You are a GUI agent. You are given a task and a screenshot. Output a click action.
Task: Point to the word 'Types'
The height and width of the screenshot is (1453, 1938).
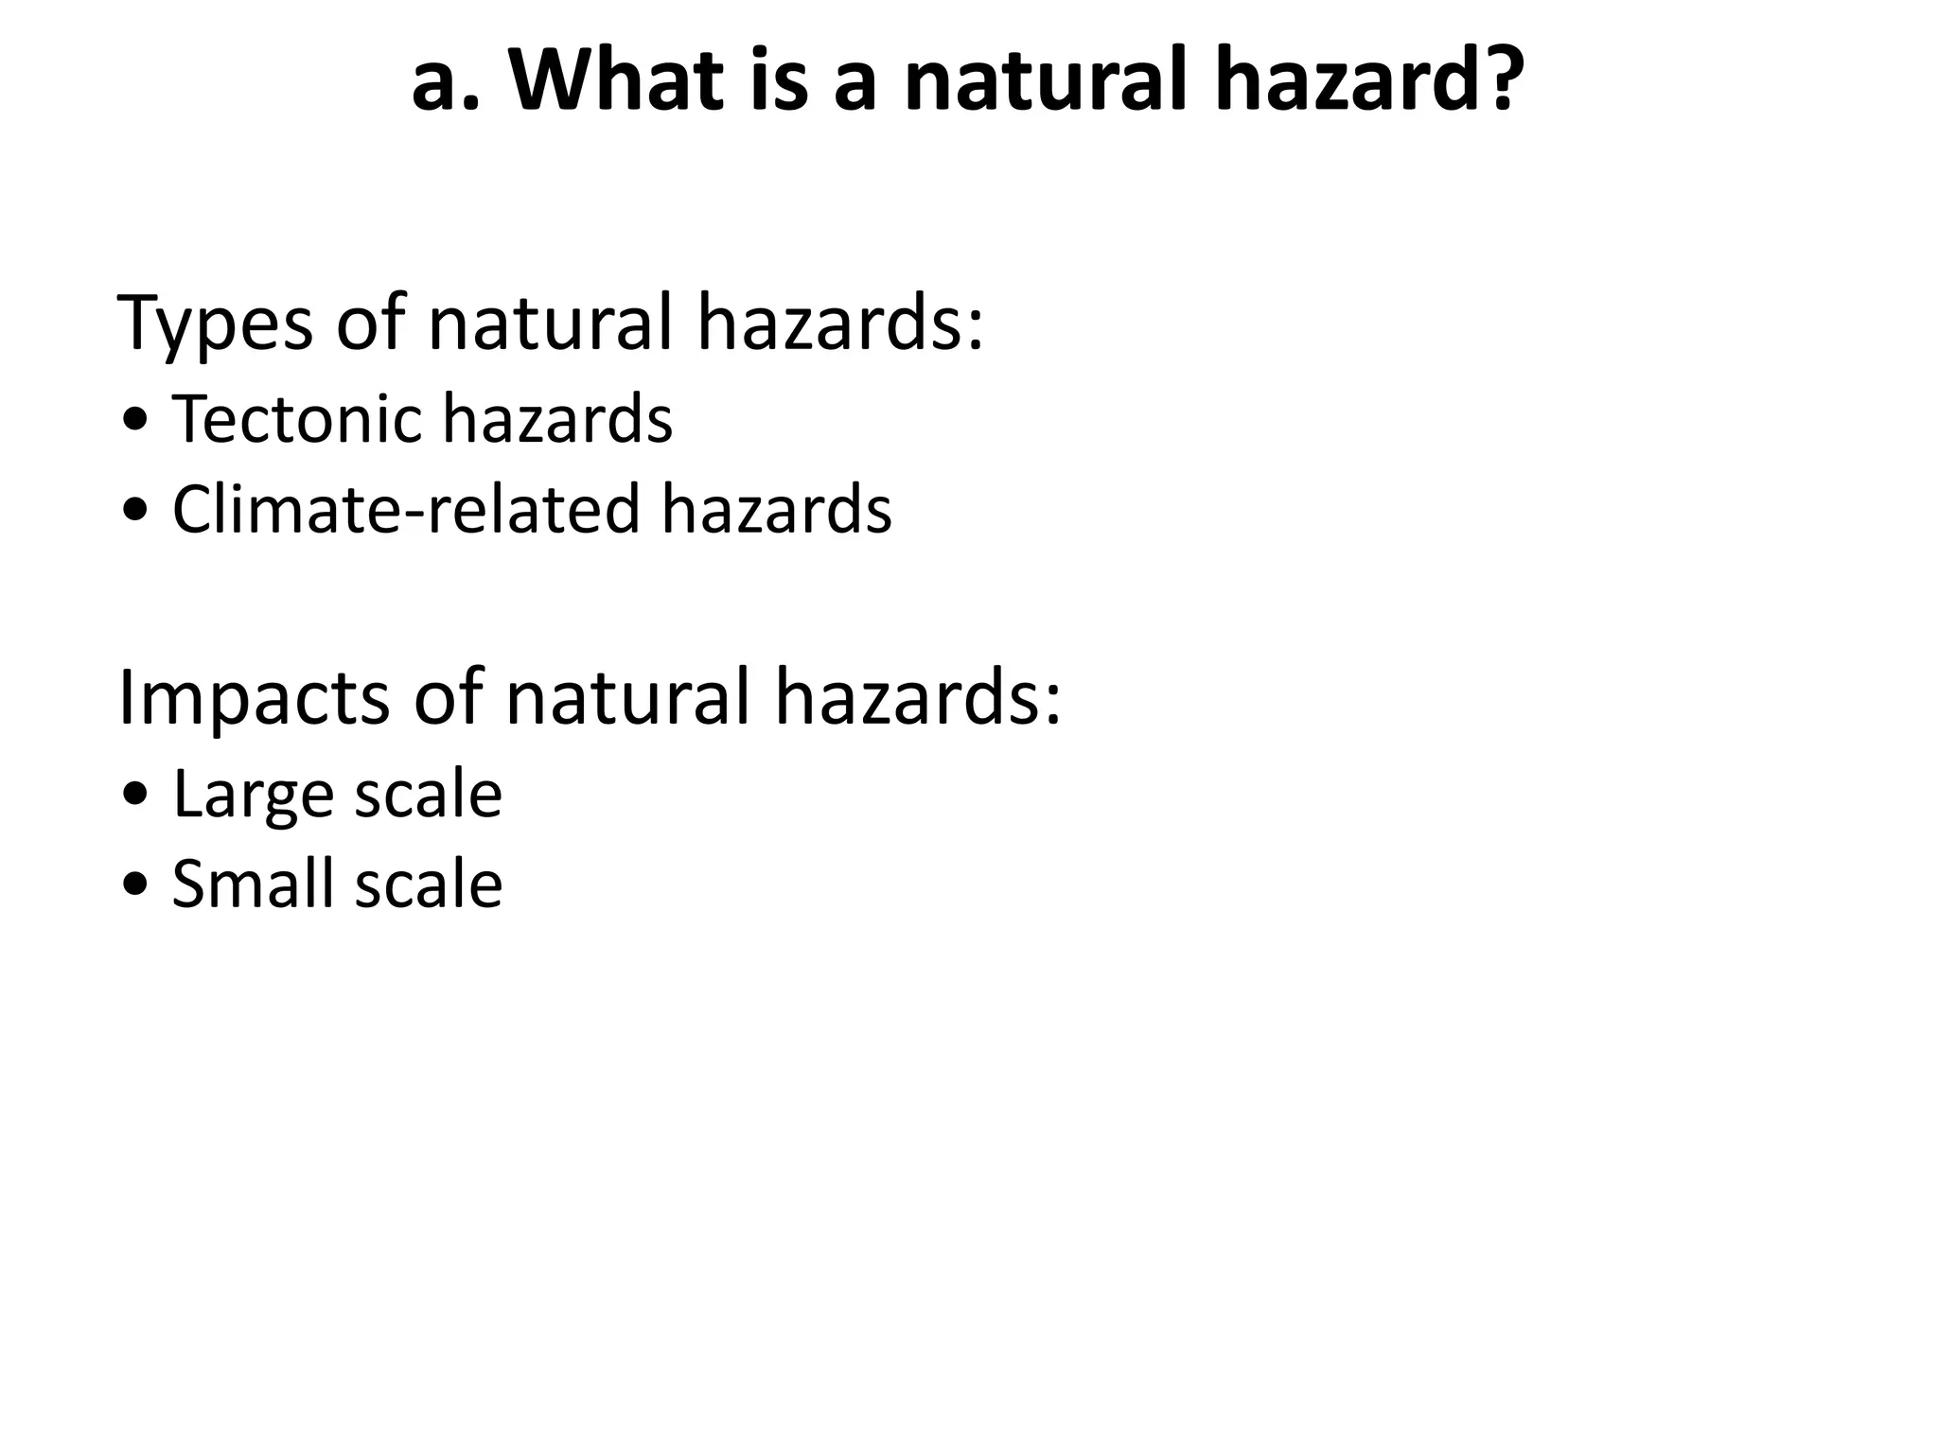click(x=215, y=324)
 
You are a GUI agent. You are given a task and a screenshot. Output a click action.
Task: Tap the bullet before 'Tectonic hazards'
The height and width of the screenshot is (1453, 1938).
click(x=136, y=420)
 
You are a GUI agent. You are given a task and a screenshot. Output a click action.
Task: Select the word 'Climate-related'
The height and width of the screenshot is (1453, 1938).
click(x=406, y=509)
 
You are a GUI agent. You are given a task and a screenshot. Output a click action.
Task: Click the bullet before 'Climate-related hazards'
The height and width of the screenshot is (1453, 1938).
click(x=136, y=511)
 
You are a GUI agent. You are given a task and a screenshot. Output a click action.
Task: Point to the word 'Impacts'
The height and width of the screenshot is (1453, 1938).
click(x=254, y=698)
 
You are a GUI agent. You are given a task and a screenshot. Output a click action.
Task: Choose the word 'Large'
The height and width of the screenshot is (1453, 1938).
click(x=253, y=795)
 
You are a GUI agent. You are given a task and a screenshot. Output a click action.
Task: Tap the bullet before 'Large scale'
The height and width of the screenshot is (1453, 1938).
click(x=136, y=795)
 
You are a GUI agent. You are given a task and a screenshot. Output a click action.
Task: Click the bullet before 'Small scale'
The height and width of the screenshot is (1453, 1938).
click(x=136, y=884)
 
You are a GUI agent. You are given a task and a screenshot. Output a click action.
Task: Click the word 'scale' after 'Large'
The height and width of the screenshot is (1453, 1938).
click(x=428, y=795)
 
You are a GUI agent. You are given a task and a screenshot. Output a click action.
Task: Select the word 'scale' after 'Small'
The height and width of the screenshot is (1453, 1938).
click(x=428, y=884)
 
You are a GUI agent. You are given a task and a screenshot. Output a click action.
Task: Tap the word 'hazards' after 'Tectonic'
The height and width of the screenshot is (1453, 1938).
click(x=557, y=418)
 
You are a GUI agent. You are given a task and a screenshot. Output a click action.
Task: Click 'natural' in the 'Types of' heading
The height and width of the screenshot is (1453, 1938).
click(x=550, y=324)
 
